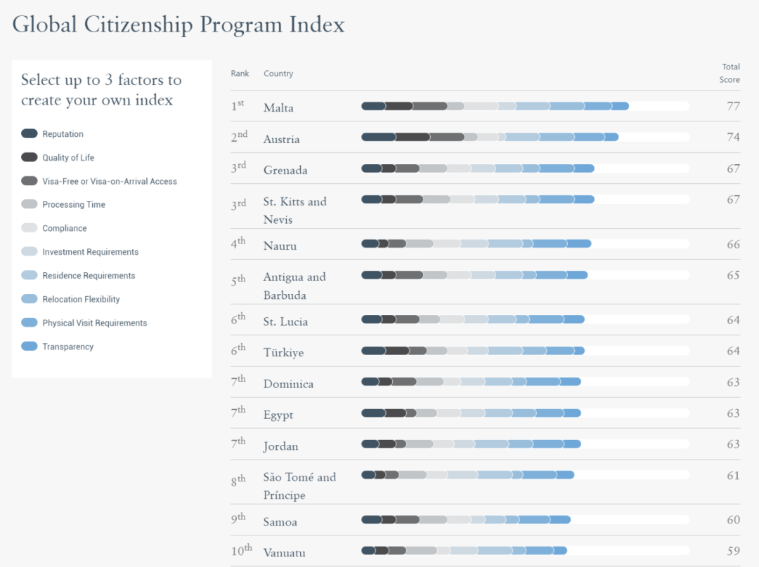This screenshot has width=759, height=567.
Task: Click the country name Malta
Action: point(278,107)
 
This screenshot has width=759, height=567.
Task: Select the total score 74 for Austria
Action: point(733,137)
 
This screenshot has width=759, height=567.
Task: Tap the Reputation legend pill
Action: point(30,134)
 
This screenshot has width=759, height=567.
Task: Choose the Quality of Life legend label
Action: point(68,158)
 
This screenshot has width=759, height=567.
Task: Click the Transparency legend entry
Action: point(67,347)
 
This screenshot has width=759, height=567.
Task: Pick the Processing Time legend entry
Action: point(74,205)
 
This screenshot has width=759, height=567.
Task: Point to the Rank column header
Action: point(240,74)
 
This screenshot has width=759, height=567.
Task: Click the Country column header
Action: point(278,74)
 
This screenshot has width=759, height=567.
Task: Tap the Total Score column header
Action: point(729,73)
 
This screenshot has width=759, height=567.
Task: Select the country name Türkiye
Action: point(283,352)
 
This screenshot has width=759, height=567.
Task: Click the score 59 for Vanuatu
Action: point(733,551)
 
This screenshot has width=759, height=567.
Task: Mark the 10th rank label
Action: point(241,551)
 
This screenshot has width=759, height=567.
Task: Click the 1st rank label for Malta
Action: point(238,106)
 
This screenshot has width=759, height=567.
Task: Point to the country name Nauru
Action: point(280,246)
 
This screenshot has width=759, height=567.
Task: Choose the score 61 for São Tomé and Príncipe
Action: point(733,475)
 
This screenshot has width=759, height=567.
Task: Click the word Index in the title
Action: point(317,25)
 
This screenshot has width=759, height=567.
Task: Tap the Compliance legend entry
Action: point(65,229)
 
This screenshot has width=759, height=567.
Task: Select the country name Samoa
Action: point(280,522)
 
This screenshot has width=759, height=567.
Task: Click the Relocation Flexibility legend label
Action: point(81,300)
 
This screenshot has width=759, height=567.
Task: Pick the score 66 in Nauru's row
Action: point(733,244)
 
